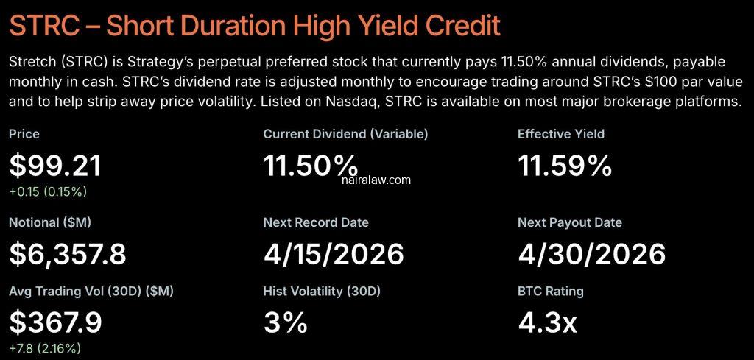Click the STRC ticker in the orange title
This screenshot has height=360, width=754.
[x=45, y=26]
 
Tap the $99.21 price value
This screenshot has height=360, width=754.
[x=55, y=166]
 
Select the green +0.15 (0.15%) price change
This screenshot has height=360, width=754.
[x=48, y=191]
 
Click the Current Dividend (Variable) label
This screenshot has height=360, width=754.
[x=345, y=134]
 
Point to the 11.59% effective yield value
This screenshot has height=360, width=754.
[x=565, y=166]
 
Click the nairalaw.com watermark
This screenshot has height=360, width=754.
[x=376, y=180]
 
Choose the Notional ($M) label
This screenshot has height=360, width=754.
[x=50, y=222]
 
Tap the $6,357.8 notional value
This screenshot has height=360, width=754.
[x=67, y=254]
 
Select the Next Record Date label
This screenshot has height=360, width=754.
[x=316, y=222]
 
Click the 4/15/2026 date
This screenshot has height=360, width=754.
[x=334, y=254]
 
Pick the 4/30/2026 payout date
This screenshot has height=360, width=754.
[x=592, y=254]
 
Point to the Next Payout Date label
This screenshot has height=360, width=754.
[x=570, y=222]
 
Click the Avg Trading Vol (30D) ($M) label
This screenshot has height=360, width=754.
[x=91, y=292]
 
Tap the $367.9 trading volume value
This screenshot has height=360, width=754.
[x=55, y=322]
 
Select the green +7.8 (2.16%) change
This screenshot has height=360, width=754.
[x=45, y=348]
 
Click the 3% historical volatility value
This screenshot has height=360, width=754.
[x=285, y=322]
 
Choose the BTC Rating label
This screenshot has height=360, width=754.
[x=551, y=292]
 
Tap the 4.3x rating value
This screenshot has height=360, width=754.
[x=547, y=322]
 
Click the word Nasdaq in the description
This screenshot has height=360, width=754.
[x=359, y=102]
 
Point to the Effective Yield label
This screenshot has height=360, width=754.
[x=561, y=134]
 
